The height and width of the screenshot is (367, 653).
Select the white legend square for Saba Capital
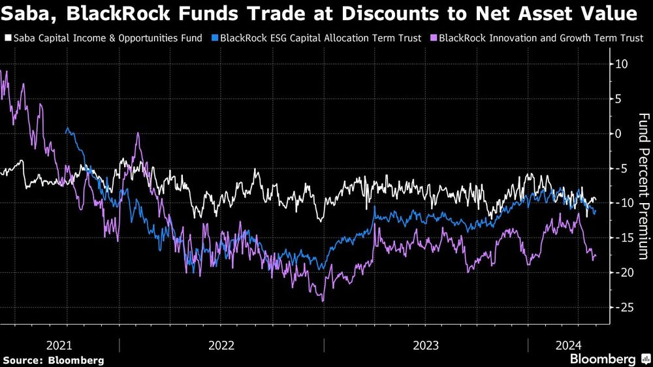(7, 38)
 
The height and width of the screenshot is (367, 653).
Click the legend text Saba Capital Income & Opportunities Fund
(108, 38)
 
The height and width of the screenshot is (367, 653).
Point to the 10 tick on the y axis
(621, 64)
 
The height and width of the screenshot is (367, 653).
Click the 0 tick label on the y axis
(618, 133)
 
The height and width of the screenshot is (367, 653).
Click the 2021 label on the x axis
(59, 345)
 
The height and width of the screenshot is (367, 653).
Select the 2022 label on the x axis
(221, 345)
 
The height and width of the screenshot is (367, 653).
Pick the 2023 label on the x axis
(426, 345)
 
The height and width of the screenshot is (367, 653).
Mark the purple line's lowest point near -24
(323, 301)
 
